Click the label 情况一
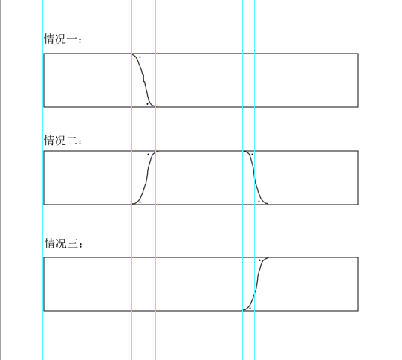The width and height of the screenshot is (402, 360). pyautogui.click(x=62, y=39)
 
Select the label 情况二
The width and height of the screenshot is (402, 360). pyautogui.click(x=62, y=139)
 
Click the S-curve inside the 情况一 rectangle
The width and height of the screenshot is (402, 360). pyautogui.click(x=143, y=80)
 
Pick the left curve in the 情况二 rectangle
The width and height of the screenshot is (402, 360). pyautogui.click(x=146, y=177)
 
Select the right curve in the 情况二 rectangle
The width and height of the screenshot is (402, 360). pyautogui.click(x=255, y=177)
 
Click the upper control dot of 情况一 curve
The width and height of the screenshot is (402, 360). pyautogui.click(x=140, y=57)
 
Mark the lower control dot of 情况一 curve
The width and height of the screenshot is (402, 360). pyautogui.click(x=147, y=103)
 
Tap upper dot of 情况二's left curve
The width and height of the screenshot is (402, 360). pyautogui.click(x=148, y=154)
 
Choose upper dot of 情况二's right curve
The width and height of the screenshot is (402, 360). pyautogui.click(x=251, y=154)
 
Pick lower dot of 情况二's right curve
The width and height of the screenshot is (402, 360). pyautogui.click(x=259, y=200)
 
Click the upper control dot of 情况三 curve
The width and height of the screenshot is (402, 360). pyautogui.click(x=259, y=260)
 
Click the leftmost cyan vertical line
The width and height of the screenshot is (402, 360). pyautogui.click(x=132, y=22)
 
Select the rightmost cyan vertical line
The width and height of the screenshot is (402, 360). pyautogui.click(x=268, y=22)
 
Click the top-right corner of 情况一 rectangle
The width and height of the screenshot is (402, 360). pyautogui.click(x=358, y=54)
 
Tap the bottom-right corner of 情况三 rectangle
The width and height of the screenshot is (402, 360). pyautogui.click(x=358, y=311)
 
